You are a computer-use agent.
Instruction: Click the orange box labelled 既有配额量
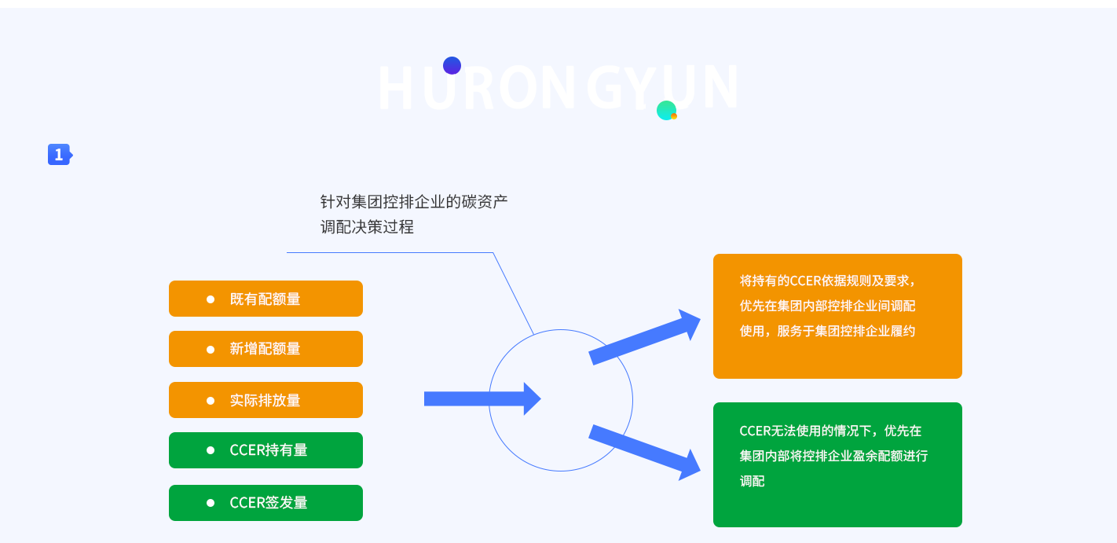coord(266,299)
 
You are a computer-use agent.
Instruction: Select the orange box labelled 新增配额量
coord(266,349)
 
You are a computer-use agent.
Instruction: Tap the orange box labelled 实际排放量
coord(266,400)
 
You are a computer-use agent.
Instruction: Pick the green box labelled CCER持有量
coord(266,450)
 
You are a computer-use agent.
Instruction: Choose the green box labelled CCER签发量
coord(266,503)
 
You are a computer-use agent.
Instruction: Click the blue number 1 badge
coord(59,155)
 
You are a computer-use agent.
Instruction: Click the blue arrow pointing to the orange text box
coord(644,337)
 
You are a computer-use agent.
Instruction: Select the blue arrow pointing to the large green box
coord(644,451)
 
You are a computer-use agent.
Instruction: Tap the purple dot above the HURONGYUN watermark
coord(452,65)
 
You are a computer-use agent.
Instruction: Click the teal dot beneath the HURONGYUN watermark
coord(666,110)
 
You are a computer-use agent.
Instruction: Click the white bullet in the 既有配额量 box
coord(211,299)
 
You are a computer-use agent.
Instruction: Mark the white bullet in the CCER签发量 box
coord(211,503)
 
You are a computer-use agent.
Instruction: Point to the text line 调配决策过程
coord(367,227)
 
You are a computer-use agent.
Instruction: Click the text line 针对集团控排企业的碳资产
coord(414,201)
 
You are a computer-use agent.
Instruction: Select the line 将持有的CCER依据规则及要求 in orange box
coord(827,281)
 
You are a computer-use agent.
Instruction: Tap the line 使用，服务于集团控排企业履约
coord(827,331)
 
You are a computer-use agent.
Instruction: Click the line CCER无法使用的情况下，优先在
coord(830,431)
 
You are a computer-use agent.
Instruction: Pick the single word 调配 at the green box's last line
coord(752,481)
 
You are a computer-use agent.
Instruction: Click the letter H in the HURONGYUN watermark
coord(395,88)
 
